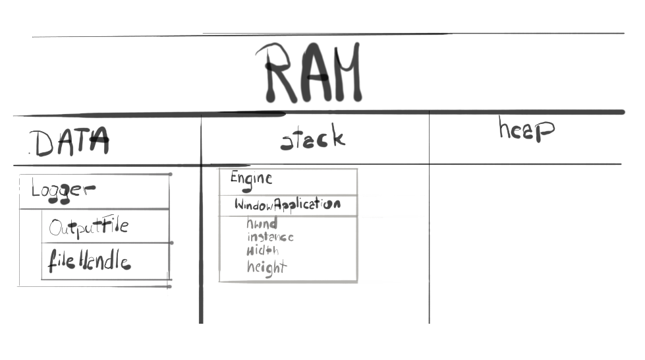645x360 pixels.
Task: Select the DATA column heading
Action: pyautogui.click(x=69, y=142)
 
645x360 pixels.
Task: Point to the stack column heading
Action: pyautogui.click(x=312, y=139)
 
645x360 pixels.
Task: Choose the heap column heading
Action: pyautogui.click(x=525, y=130)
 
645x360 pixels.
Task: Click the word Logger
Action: pyautogui.click(x=63, y=191)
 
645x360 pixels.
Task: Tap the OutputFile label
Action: pyautogui.click(x=88, y=227)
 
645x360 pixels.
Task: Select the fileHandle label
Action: pyautogui.click(x=89, y=262)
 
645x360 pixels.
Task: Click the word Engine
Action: pyautogui.click(x=251, y=178)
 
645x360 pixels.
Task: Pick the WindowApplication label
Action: pyautogui.click(x=287, y=204)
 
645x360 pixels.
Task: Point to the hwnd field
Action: pyautogui.click(x=262, y=224)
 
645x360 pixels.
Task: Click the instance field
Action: pyautogui.click(x=270, y=237)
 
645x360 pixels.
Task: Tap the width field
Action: pyautogui.click(x=263, y=251)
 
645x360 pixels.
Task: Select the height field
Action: pyautogui.click(x=267, y=267)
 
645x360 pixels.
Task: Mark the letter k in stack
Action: pyautogui.click(x=337, y=137)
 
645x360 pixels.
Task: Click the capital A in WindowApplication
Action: pyautogui.click(x=279, y=204)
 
